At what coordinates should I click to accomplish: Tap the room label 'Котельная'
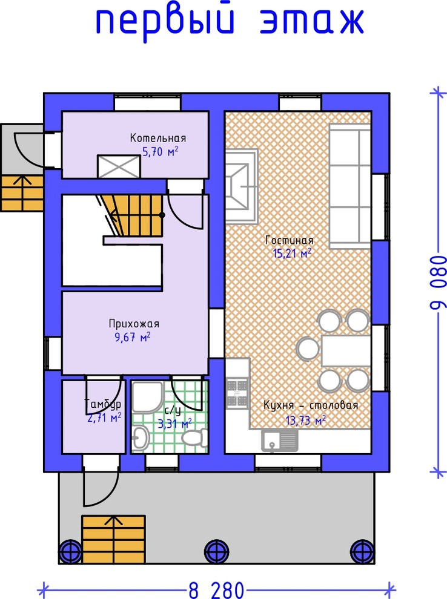(x=158, y=138)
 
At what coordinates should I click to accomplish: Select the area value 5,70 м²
(x=161, y=152)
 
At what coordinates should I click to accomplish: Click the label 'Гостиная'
(x=290, y=240)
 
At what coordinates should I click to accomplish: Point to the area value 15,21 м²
(x=292, y=253)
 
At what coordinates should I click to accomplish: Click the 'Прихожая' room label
(x=134, y=324)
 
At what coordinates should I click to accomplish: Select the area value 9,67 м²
(x=133, y=338)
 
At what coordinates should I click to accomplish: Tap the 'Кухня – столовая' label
(x=311, y=405)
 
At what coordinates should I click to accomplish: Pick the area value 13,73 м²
(x=306, y=421)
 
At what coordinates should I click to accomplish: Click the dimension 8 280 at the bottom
(x=216, y=590)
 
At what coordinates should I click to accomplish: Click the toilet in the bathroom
(x=194, y=437)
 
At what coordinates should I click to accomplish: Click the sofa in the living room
(x=350, y=186)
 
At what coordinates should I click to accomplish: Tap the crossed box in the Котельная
(x=119, y=166)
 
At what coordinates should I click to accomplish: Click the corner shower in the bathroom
(x=148, y=396)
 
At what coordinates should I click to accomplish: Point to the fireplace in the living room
(x=242, y=186)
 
